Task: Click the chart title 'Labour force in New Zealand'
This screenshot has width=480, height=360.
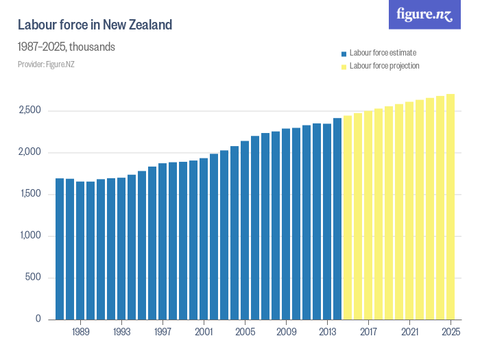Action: (x=95, y=25)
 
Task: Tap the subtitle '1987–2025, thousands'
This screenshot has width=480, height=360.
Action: (x=66, y=47)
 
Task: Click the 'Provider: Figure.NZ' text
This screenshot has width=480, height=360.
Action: (x=46, y=64)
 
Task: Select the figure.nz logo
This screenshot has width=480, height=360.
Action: (x=424, y=15)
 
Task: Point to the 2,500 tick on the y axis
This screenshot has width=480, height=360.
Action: (x=29, y=111)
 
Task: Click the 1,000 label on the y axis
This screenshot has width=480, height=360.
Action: (x=30, y=236)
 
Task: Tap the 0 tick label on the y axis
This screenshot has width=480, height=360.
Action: (x=38, y=320)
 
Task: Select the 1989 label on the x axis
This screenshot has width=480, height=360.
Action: (x=80, y=331)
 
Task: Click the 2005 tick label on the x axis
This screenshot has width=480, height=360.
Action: (x=245, y=331)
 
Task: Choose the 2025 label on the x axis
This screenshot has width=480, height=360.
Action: (x=451, y=331)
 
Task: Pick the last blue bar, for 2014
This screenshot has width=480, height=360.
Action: (x=337, y=219)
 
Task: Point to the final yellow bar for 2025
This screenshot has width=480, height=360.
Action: (x=451, y=206)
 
